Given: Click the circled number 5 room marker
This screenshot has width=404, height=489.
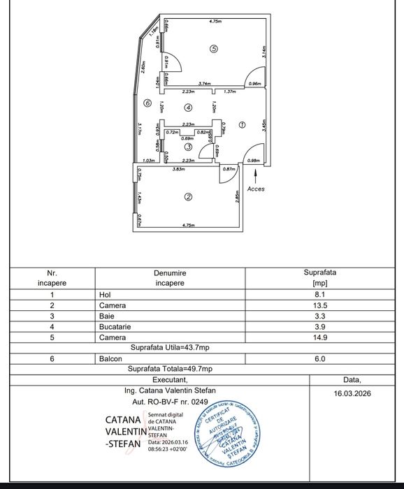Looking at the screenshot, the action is point(213,48).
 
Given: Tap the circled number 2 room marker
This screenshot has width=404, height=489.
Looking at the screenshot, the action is point(187,197).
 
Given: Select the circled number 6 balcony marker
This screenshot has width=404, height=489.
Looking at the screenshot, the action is point(147,103).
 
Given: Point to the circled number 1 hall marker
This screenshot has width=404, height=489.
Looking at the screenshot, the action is point(242,124).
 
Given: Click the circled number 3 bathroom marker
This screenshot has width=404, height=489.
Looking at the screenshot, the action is point(188,147).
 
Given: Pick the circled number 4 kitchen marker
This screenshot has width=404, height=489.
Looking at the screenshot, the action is point(187,108).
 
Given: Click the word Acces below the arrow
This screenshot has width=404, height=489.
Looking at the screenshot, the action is point(257,189).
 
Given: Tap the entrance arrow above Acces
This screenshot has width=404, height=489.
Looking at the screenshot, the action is point(256,174).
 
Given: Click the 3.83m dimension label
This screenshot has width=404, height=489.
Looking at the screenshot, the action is point(178,169).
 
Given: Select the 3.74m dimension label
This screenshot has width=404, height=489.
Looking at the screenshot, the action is point(204,84).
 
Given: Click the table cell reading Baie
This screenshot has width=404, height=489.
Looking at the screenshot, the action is point(106,316).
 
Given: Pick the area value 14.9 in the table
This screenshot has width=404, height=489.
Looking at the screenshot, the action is point(321,337).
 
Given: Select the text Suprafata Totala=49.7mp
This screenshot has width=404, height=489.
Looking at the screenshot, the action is point(170,369).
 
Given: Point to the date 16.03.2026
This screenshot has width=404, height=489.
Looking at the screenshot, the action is point(352,394).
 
